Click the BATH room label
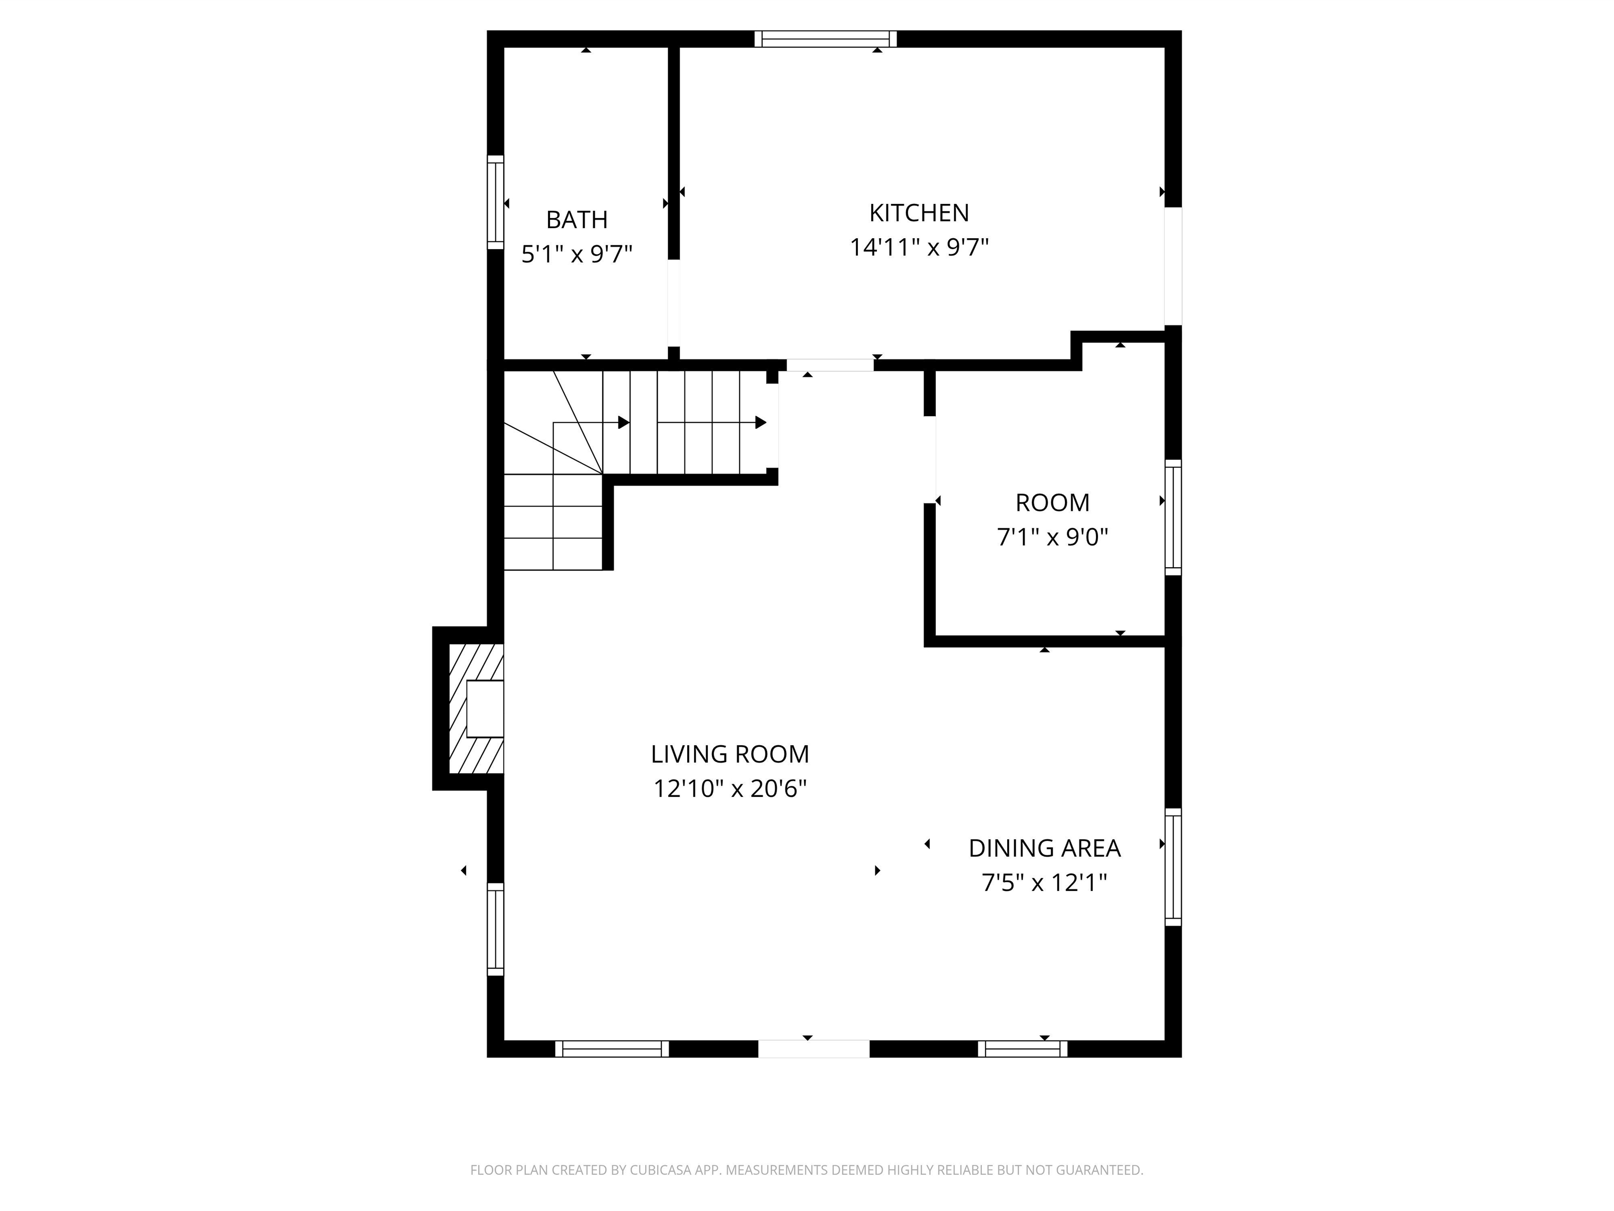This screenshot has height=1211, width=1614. coord(576,220)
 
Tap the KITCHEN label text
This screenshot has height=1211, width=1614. coord(918,213)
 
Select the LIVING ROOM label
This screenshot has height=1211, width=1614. coord(730,754)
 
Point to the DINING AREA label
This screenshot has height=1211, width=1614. coord(1044,848)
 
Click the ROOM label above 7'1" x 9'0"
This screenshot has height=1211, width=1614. coord(1052,503)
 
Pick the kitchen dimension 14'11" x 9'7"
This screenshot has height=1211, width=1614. coord(918,248)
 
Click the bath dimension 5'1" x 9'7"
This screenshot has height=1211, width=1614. coord(576,254)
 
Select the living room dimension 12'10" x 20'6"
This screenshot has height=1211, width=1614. coord(730,789)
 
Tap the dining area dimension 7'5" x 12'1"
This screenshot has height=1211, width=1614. coord(1044,883)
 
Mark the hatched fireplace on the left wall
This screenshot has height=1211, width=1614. coord(475,708)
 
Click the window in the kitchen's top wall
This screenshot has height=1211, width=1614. coord(825,39)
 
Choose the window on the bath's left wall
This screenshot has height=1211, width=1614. coord(495,202)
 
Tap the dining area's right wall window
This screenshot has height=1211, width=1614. coord(1173,867)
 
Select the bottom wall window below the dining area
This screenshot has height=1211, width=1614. coord(1022,1049)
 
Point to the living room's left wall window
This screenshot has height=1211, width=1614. coord(495,929)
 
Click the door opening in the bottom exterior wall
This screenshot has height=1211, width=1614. coord(813,1049)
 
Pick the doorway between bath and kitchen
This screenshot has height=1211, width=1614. coord(674,303)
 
